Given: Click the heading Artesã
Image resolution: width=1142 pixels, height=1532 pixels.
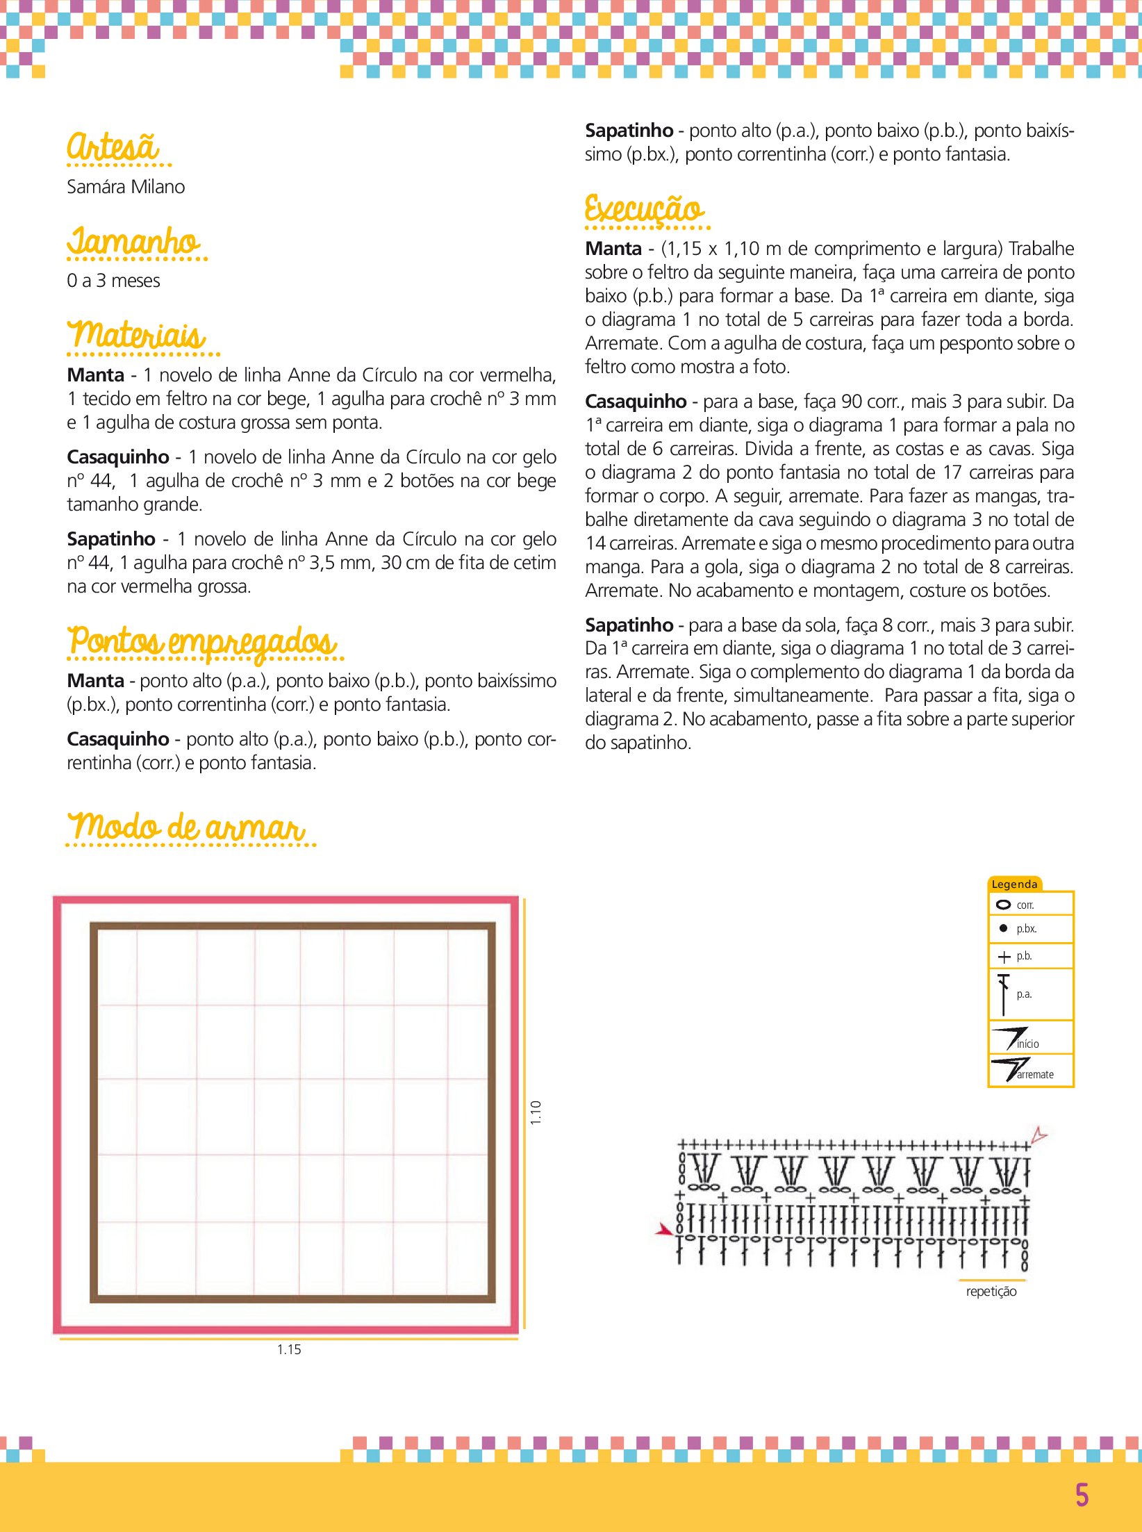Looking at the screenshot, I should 113,147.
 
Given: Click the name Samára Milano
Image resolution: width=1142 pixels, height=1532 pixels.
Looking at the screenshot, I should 126,187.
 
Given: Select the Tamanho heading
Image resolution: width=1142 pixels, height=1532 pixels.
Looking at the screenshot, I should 133,242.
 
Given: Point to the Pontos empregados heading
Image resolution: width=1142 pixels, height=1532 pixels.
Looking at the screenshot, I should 202,641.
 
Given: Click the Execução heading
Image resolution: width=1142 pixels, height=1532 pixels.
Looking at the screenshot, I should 644,208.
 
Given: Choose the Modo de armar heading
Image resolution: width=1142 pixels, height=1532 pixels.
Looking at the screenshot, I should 186,827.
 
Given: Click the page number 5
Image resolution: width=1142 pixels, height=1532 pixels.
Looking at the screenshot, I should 1082,1495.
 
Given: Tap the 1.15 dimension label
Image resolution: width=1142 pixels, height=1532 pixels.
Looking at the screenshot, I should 289,1349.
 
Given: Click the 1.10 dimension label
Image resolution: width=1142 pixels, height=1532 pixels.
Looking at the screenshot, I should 536,1112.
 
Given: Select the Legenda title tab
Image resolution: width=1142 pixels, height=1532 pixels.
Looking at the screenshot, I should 1014,884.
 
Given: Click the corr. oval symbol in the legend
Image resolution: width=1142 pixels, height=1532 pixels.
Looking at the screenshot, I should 1003,905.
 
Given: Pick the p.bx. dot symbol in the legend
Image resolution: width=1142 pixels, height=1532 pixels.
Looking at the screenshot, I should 1003,928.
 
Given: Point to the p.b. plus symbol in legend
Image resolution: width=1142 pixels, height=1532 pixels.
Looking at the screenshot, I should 1004,957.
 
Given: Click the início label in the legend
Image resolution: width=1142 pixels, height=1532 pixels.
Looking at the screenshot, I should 1028,1044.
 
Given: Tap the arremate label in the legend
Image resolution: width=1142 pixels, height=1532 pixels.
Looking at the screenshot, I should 1035,1074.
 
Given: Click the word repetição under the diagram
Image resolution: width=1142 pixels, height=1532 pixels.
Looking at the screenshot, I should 991,1291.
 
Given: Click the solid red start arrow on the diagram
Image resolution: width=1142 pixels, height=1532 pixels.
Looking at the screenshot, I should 664,1230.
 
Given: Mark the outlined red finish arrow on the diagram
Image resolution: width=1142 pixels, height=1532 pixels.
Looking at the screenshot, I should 1038,1135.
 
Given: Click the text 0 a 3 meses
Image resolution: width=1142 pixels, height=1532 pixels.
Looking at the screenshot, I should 113,281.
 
